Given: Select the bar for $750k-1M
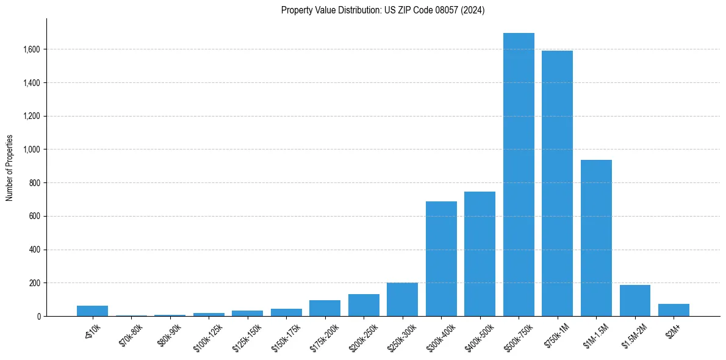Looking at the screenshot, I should point(557,183).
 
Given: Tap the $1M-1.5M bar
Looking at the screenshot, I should point(596,238).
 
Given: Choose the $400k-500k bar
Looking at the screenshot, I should point(480,254).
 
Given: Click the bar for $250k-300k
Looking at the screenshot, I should point(402,300).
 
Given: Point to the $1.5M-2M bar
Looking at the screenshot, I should point(634,301).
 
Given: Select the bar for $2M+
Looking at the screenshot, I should point(674,310).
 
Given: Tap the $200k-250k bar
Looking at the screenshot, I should point(364,305).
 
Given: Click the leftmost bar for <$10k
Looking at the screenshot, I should point(92,311).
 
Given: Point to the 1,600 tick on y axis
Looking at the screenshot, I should point(32,49).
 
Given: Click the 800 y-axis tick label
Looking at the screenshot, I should point(35,183).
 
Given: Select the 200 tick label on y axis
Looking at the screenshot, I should point(35,283).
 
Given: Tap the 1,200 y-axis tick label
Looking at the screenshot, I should point(32,116).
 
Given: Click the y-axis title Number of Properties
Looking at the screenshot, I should point(9,168).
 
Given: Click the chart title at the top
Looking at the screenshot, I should point(383,10).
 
